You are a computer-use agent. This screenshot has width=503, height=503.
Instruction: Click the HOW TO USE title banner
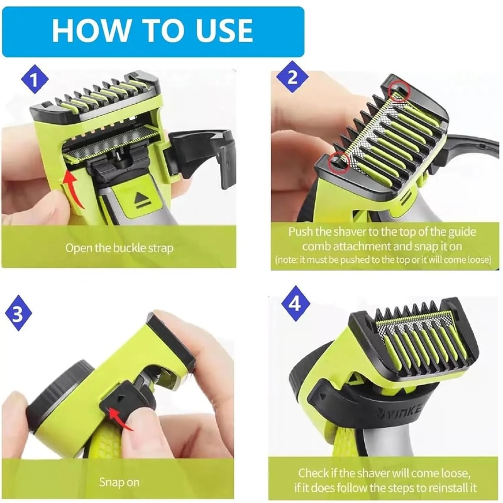point(153,30)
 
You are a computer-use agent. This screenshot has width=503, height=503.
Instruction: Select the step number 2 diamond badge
point(292,78)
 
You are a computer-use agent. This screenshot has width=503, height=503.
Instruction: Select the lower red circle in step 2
point(339,161)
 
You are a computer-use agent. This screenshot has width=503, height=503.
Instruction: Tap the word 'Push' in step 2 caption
point(301,231)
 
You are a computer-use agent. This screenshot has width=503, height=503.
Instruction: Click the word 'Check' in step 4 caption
point(313,473)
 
